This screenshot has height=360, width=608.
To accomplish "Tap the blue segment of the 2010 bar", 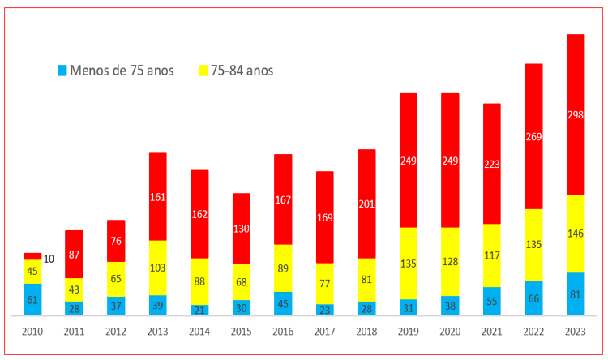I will point(32,299).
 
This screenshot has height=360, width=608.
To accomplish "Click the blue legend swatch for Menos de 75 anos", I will point(62,71).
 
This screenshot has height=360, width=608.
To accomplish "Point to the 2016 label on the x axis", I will point(282,332).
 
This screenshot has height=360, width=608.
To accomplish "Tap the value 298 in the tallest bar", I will point(576,159).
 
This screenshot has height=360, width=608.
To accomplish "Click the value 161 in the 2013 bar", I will point(157,195).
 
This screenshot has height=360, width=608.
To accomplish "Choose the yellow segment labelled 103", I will point(157,268).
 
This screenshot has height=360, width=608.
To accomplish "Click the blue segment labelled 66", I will point(533,298).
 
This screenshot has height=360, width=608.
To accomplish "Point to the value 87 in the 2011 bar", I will point(74,254).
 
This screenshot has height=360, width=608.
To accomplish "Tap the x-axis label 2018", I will point(366,332).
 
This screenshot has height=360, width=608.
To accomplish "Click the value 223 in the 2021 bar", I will point(492,163).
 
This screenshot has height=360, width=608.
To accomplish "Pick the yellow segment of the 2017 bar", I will point(324,283).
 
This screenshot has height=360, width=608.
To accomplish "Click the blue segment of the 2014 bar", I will point(199,309).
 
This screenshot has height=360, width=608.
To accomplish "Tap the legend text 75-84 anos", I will point(242,71).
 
